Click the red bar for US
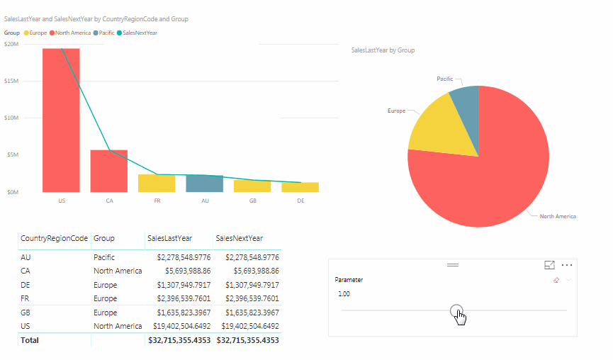(x=61, y=120)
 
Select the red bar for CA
(x=108, y=171)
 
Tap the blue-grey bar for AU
(x=204, y=184)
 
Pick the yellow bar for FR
(x=157, y=184)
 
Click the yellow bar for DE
(x=300, y=187)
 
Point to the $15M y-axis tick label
(x=11, y=81)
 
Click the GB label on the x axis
(x=252, y=201)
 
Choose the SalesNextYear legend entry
(x=140, y=33)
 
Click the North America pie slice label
(x=557, y=216)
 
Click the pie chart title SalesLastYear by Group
(x=383, y=50)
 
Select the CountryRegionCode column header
(x=54, y=239)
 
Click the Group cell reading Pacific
(x=104, y=257)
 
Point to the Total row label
(x=30, y=340)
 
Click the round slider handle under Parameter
(x=456, y=310)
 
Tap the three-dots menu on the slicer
(x=566, y=265)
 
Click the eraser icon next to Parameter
(x=556, y=281)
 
